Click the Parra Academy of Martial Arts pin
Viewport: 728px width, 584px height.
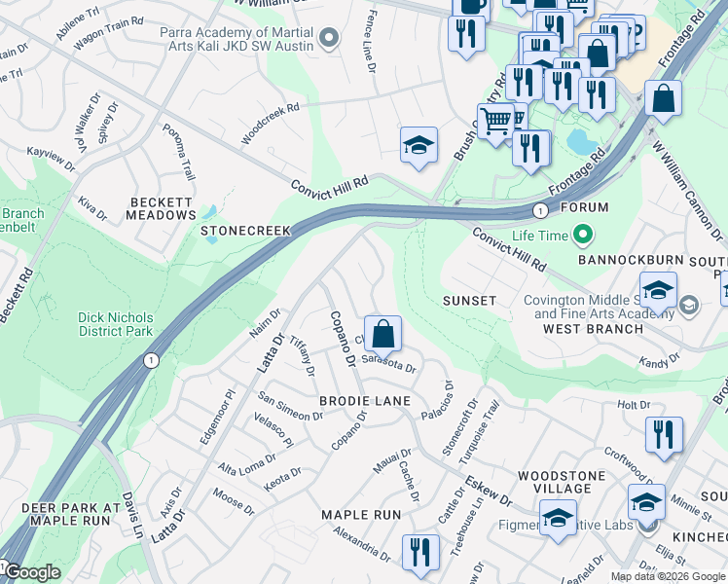pos(329,38)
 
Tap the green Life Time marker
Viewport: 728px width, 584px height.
pos(583,235)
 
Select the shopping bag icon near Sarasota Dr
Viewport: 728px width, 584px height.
pos(384,333)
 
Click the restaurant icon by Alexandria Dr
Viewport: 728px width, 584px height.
pos(419,551)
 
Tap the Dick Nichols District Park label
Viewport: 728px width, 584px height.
pos(116,324)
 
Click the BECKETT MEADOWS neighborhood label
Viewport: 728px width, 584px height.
pos(163,208)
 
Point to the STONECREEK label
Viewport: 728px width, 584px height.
pos(246,232)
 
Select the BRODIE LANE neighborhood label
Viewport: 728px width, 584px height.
pos(365,401)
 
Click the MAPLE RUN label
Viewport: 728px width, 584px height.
pos(361,514)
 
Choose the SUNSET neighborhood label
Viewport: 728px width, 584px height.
pos(469,301)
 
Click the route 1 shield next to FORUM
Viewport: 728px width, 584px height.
pos(538,210)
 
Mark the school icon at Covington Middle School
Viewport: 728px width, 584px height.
pos(659,291)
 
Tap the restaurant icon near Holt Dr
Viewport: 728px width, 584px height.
pos(664,434)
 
